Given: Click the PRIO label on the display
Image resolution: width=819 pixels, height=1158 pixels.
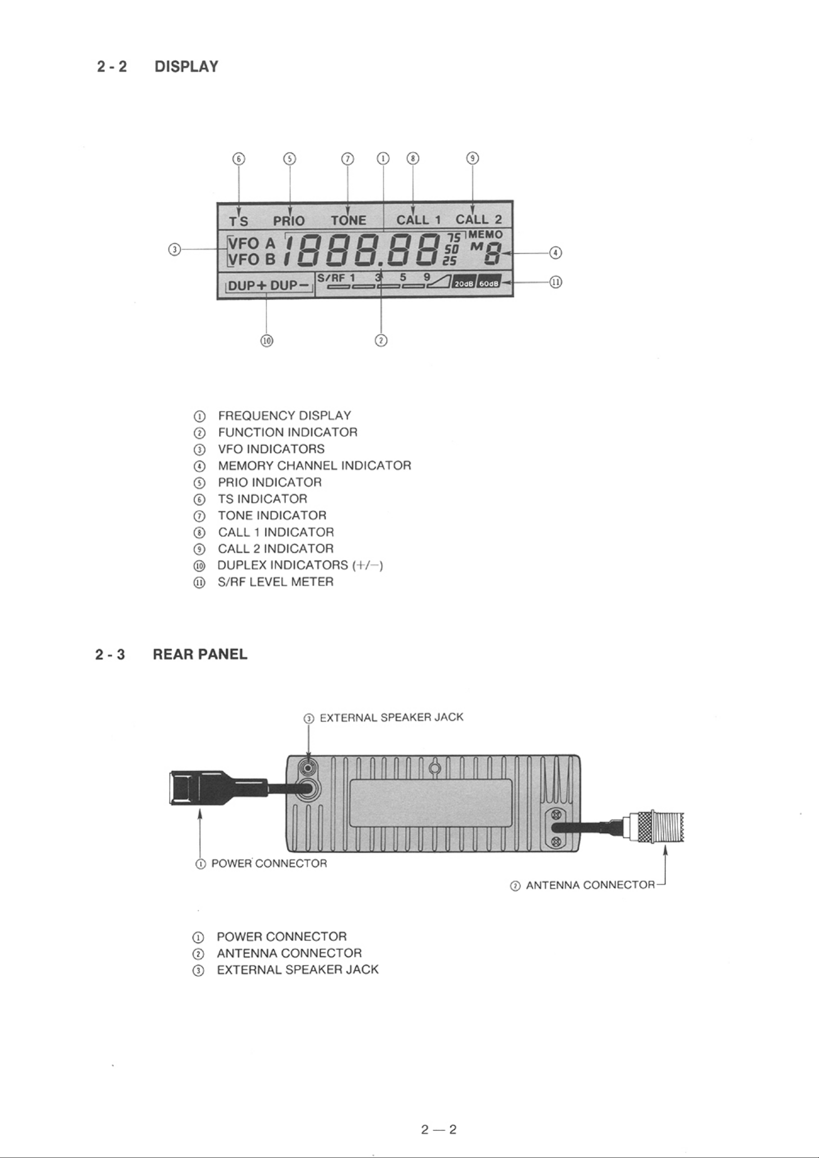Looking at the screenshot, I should (x=289, y=221).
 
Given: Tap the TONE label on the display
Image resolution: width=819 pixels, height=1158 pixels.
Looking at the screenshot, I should (x=348, y=220).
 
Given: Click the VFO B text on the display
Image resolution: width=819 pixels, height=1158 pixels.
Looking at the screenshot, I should (x=252, y=259).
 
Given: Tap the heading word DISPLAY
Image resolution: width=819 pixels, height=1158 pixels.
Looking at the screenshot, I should (x=187, y=67).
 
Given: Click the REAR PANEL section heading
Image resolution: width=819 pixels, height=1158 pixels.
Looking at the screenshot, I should (x=200, y=655).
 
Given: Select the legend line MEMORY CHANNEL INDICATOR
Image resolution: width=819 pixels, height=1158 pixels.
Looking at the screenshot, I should (x=314, y=465).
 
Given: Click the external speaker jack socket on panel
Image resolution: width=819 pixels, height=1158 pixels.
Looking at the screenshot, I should (x=308, y=768).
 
